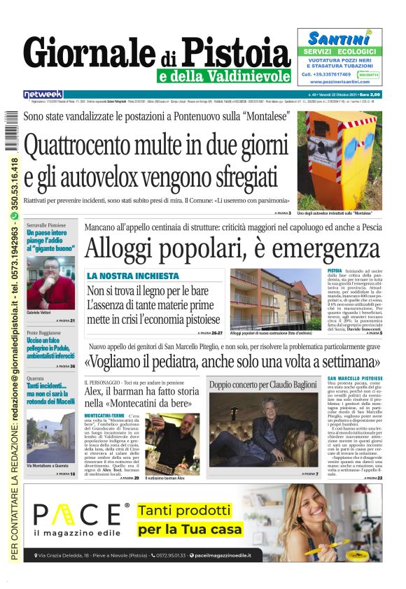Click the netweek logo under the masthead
coord(43,94)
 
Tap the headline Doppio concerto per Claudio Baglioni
coord(262,385)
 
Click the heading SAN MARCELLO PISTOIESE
coord(355,378)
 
